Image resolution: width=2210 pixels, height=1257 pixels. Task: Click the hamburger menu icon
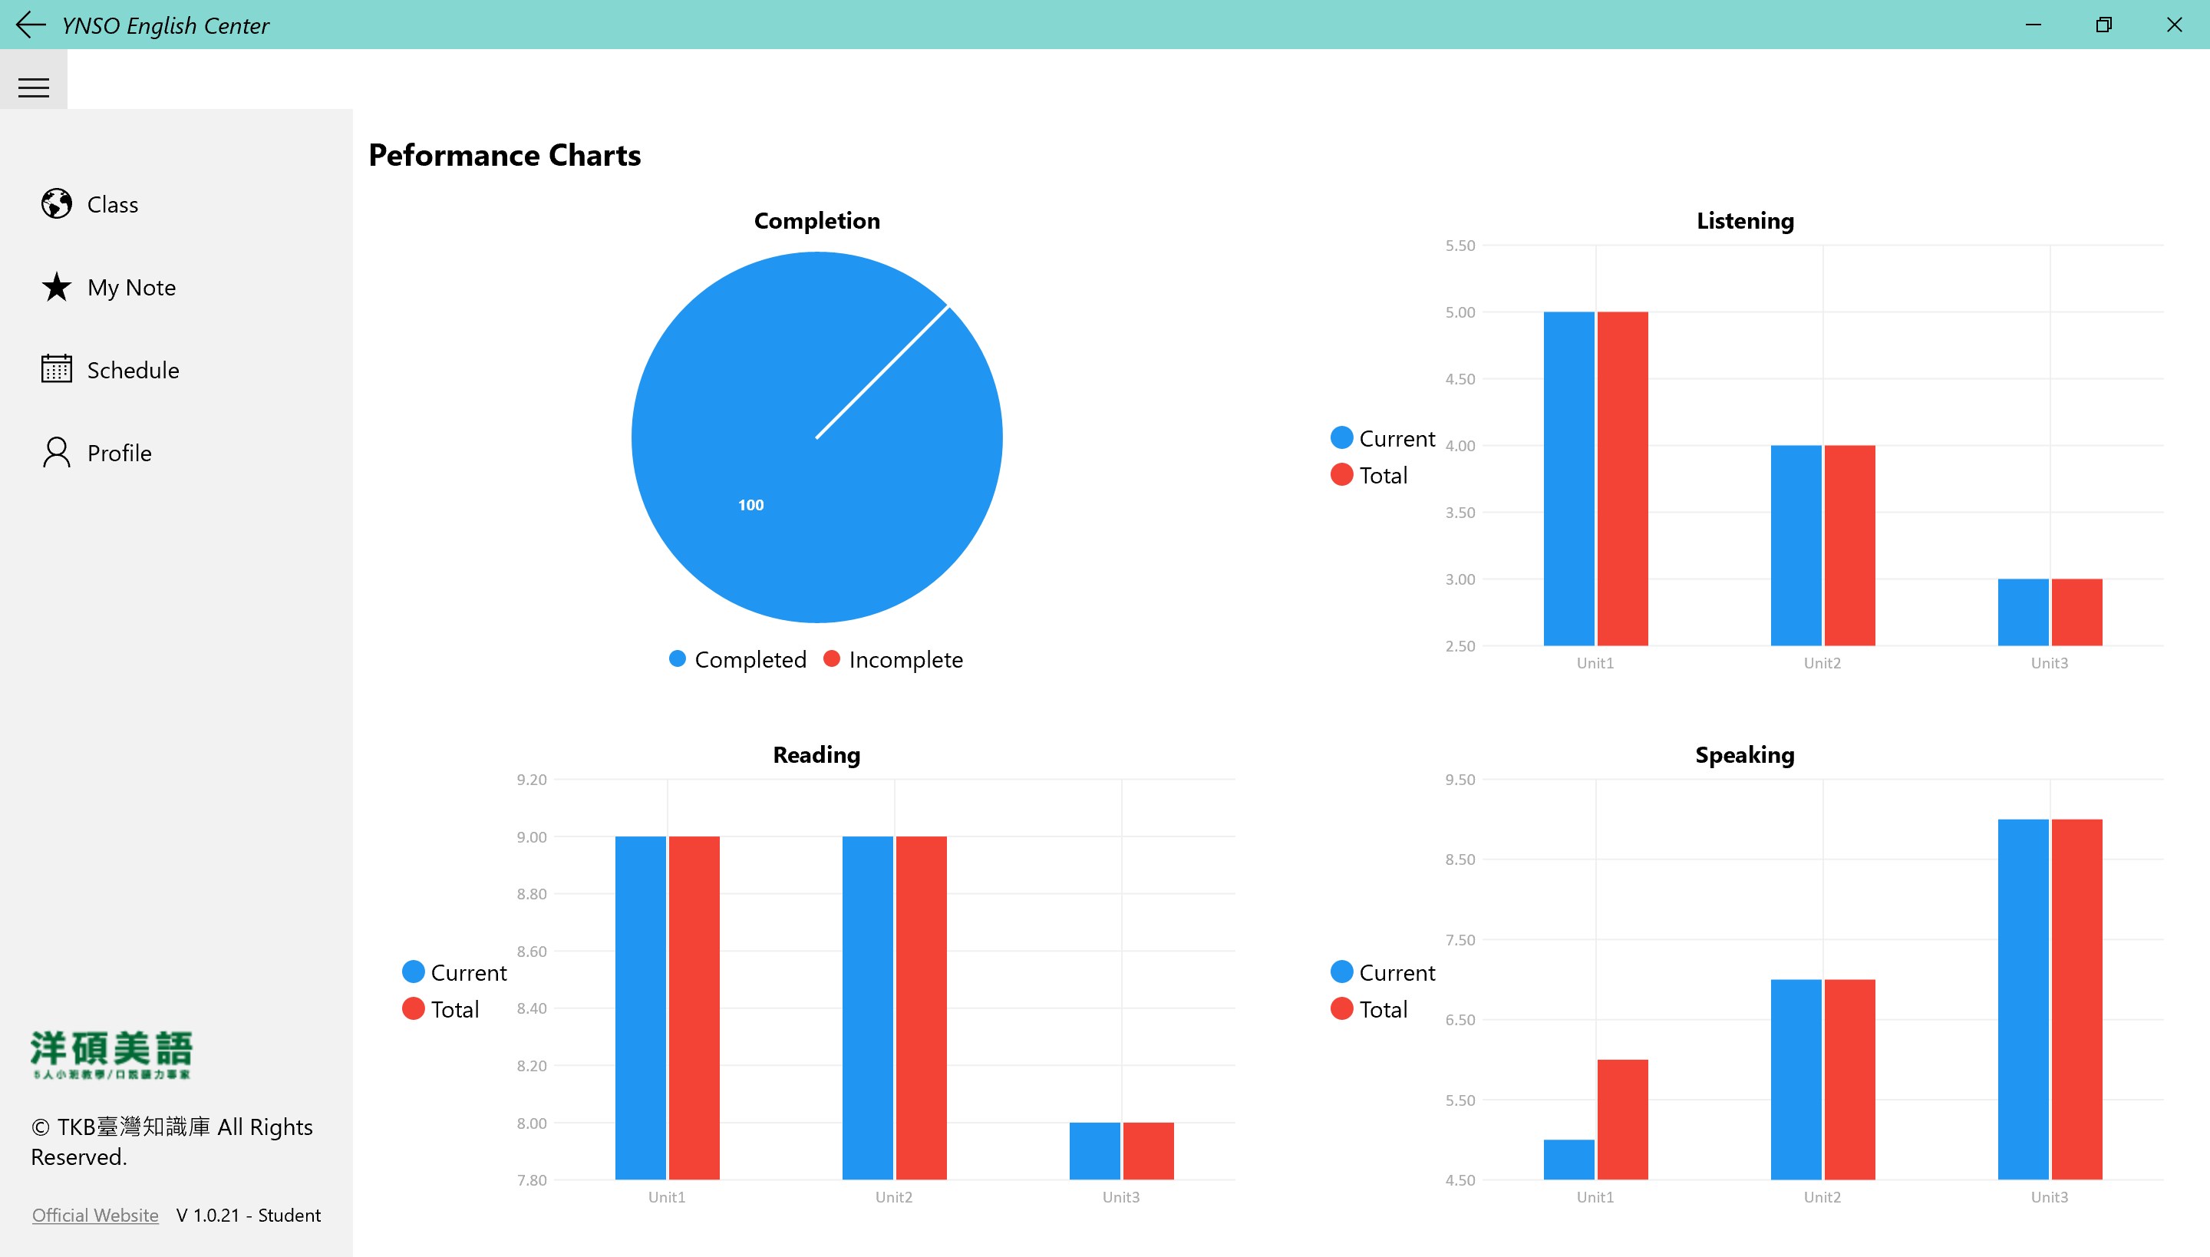pos(34,87)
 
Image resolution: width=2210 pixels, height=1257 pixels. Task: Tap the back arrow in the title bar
pos(30,25)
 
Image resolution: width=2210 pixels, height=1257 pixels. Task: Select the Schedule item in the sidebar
pos(132,370)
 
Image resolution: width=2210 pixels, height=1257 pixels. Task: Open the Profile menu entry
pos(119,453)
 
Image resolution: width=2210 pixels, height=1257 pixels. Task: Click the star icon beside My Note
pos(57,287)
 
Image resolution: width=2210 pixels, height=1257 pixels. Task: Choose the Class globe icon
pos(57,204)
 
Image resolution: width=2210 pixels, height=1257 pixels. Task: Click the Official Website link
pos(95,1215)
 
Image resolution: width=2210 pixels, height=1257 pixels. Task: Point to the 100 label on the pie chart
pos(750,505)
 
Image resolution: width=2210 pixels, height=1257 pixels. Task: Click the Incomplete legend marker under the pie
pos(831,658)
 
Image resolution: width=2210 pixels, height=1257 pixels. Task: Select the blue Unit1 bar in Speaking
pos(1568,1159)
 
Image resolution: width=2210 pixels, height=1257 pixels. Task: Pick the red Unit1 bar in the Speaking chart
pos(1622,1119)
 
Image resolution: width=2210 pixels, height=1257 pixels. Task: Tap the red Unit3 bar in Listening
pos(2076,612)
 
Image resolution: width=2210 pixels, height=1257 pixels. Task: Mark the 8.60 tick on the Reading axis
pos(532,952)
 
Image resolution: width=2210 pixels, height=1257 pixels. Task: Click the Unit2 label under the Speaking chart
pos(1822,1196)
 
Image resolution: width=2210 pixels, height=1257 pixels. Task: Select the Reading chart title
pos(816,754)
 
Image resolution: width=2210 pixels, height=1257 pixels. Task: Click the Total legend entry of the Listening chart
pos(1382,475)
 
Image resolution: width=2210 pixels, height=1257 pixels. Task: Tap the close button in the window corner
pos(2174,25)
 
